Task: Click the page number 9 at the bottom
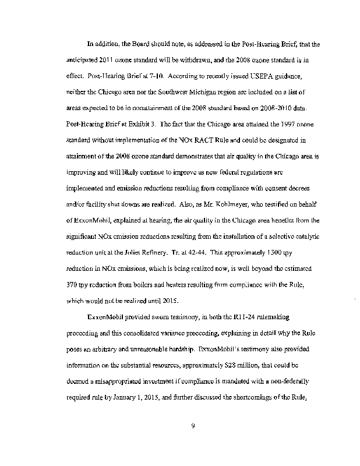pyautogui.click(x=192, y=428)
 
